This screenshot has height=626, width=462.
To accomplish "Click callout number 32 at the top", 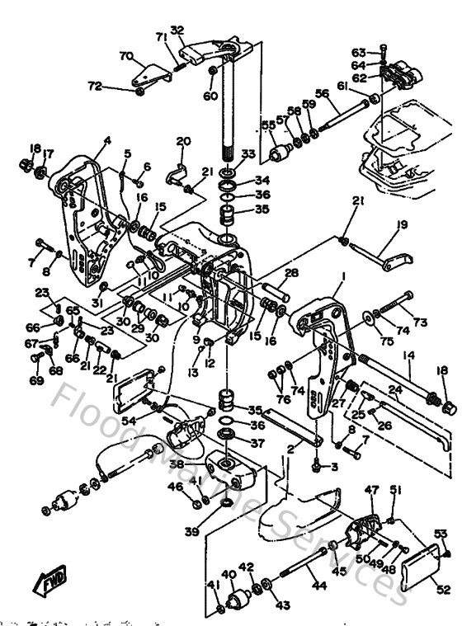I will (177, 31).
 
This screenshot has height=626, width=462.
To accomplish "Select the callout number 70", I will (125, 56).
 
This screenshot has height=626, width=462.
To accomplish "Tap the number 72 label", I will (96, 85).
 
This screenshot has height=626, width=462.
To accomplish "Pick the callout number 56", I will (323, 94).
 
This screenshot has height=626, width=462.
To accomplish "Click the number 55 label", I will (267, 125).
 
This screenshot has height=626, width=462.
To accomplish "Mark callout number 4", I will (106, 141).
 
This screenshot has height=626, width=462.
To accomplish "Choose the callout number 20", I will (183, 141).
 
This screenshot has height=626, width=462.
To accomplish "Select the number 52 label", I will (444, 589).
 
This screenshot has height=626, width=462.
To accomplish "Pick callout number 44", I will (319, 586).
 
